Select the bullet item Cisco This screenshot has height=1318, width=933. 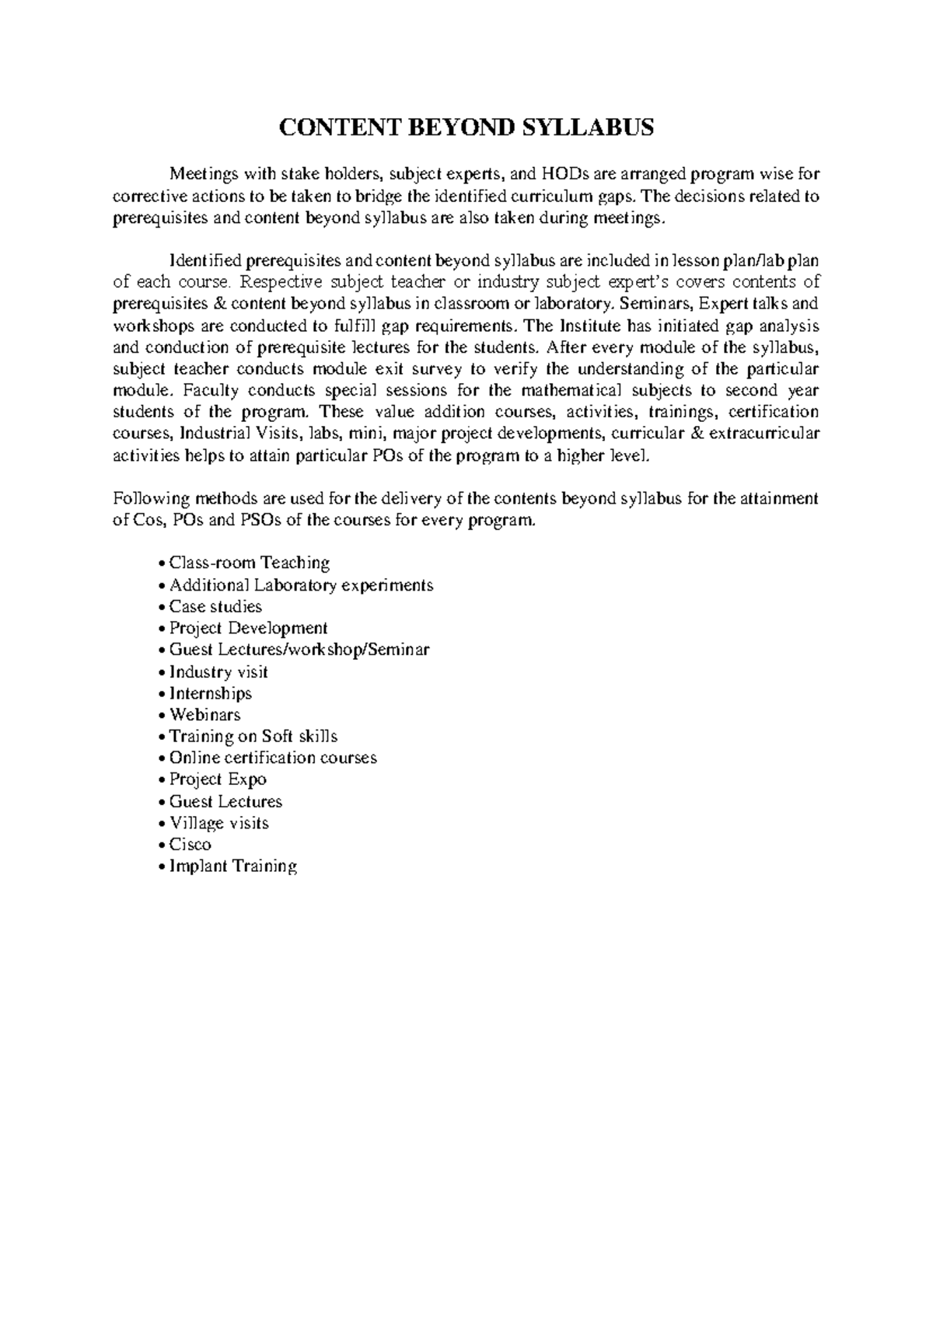(x=190, y=845)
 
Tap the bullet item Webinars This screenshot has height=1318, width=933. (x=204, y=715)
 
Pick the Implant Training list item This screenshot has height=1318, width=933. (x=232, y=866)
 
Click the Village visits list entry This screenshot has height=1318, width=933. (x=218, y=823)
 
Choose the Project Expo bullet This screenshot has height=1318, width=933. (x=218, y=779)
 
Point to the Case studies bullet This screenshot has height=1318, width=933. (x=215, y=607)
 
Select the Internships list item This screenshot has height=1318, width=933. (x=210, y=693)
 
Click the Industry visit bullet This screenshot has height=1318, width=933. (x=218, y=672)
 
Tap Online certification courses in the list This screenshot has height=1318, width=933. (x=273, y=758)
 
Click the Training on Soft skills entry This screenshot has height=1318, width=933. (x=253, y=737)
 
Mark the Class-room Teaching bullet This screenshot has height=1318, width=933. (x=249, y=563)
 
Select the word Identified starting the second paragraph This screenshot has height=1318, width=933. (x=200, y=260)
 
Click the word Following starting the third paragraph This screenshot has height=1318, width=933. (x=141, y=498)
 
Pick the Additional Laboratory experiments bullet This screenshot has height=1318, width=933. (x=301, y=585)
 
